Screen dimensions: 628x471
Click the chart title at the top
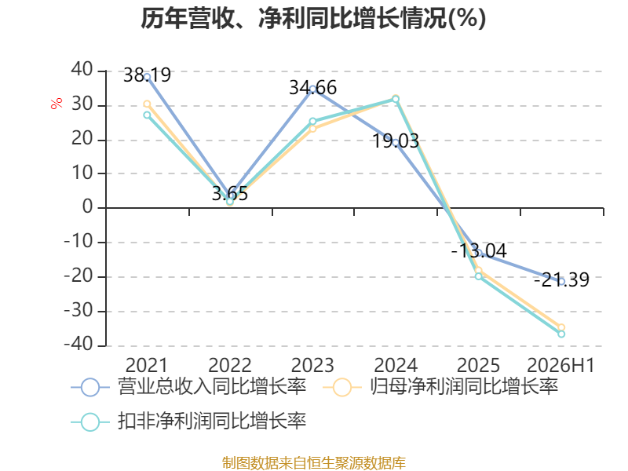point(313,18)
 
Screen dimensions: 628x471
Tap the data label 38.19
point(147,75)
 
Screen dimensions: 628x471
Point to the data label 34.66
point(312,88)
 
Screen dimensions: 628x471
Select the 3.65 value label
point(230,193)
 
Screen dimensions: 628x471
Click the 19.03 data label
point(396,141)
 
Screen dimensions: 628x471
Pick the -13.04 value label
point(479,250)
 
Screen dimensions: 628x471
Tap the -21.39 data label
point(561,279)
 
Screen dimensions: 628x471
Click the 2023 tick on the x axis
point(312,365)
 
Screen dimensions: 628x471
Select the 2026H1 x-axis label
point(560,365)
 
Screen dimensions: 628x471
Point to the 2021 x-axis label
point(147,365)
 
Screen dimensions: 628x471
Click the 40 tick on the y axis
point(82,69)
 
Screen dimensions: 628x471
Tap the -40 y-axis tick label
point(78,344)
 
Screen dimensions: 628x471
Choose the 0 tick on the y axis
point(88,206)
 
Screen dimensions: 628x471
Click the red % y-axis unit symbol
point(57,104)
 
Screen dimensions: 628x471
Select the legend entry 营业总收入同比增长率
point(188,387)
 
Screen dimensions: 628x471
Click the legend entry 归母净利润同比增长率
point(440,387)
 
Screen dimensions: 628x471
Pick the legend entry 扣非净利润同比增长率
point(188,422)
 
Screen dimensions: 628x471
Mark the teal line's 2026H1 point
point(561,334)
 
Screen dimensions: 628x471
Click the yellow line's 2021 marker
point(147,104)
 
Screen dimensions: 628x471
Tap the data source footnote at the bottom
point(314,463)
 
